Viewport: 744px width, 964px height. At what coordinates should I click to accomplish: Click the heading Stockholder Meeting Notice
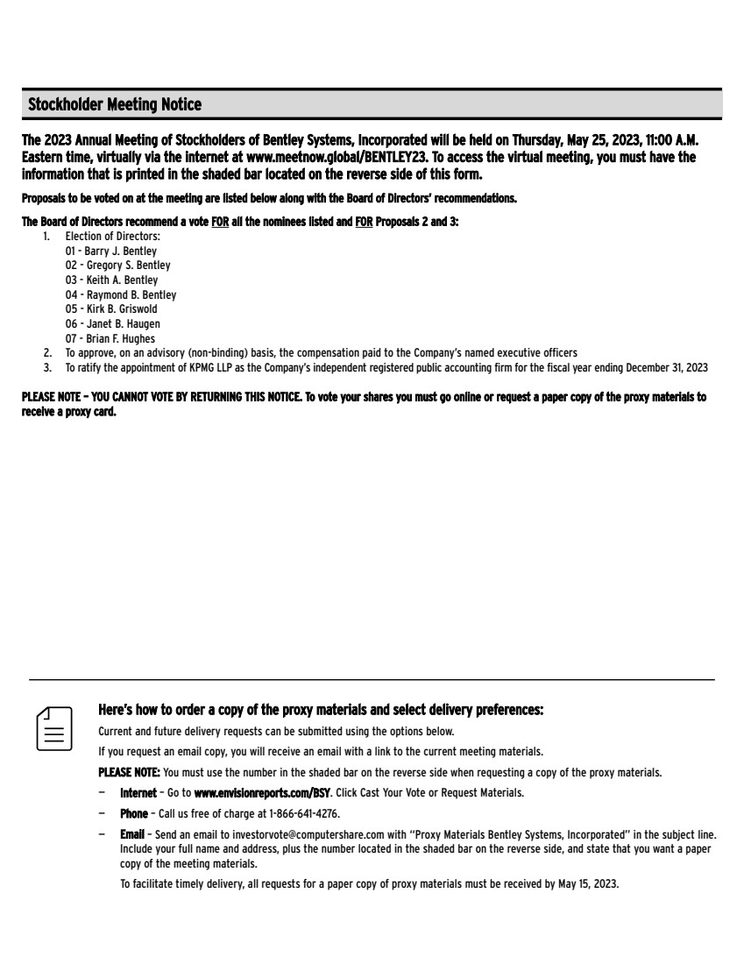[x=115, y=105]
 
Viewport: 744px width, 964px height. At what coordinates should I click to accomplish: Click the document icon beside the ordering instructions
[x=53, y=727]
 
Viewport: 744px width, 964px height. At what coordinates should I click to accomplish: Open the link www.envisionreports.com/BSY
[x=262, y=793]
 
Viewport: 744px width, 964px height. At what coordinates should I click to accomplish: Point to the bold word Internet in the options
[x=138, y=793]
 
